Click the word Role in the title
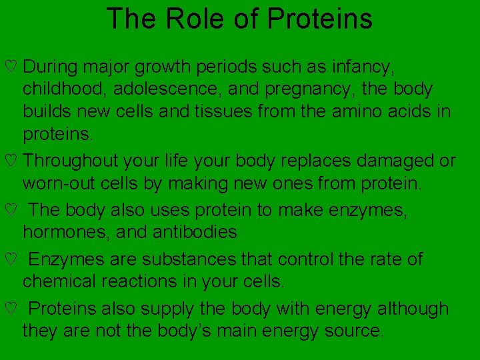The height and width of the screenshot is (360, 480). [x=188, y=19]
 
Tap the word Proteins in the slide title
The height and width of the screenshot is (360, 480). [x=319, y=19]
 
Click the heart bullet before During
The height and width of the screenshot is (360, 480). [x=9, y=67]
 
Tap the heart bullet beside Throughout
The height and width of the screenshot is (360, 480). [x=9, y=161]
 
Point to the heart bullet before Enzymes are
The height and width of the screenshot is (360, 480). [x=9, y=259]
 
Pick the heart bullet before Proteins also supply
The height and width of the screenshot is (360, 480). [x=9, y=309]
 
